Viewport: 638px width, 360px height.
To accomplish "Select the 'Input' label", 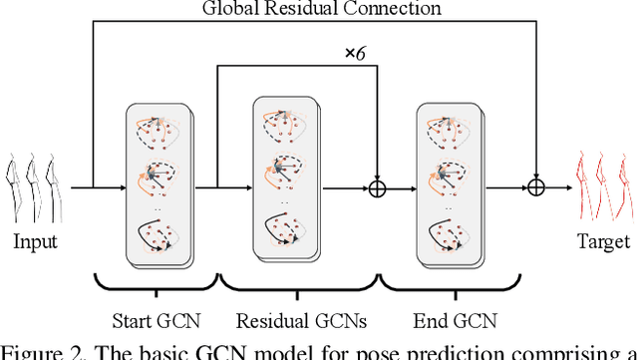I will pos(35,241).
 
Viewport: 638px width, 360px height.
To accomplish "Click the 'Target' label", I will pos(603,241).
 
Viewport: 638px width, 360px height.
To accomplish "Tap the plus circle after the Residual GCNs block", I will pos(378,186).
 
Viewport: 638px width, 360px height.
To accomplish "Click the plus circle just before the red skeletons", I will pos(539,186).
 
